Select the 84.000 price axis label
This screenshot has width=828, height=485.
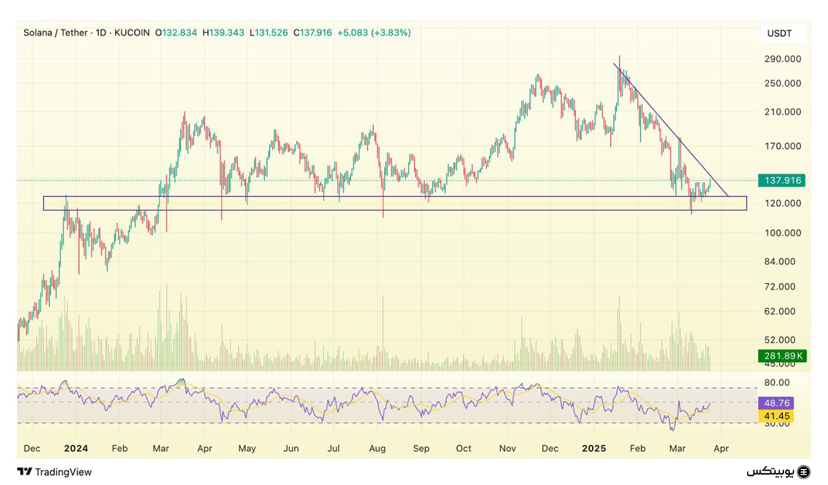782,262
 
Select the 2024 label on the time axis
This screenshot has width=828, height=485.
76,448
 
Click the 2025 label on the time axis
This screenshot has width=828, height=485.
594,448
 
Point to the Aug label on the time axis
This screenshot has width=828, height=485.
377,448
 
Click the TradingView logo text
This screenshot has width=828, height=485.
63,472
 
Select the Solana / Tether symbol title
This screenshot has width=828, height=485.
55,32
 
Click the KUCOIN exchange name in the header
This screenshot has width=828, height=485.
132,32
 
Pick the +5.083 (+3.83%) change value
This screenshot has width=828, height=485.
374,32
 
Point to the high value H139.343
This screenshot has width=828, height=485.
223,32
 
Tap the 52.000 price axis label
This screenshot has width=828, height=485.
782,339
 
